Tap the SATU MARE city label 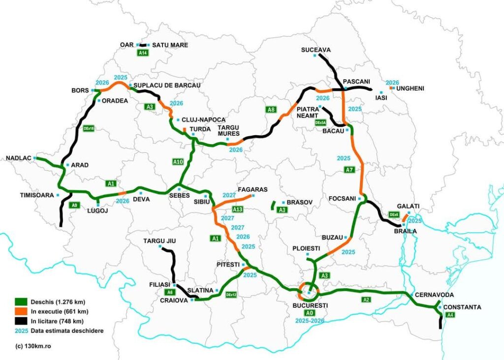click(170, 45)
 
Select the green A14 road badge click(143, 53)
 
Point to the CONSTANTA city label click(462, 307)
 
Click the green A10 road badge click(178, 161)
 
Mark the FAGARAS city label click(252, 189)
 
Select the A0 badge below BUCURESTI click(309, 313)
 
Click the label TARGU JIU click(159, 240)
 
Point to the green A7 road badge click(349, 170)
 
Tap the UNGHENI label click(409, 89)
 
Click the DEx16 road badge click(89, 128)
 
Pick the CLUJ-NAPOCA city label click(203, 120)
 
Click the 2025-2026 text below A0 click(309, 320)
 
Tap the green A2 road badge click(366, 300)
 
